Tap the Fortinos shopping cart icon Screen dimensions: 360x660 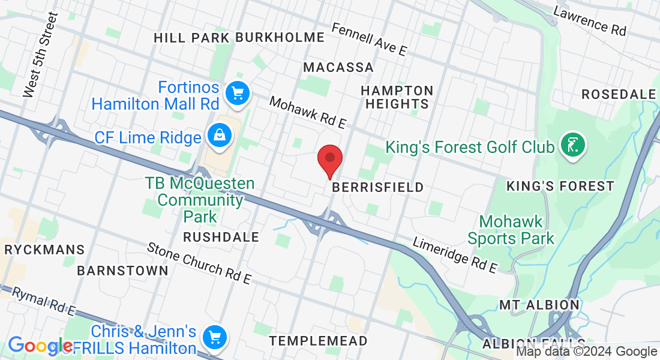pyautogui.click(x=238, y=94)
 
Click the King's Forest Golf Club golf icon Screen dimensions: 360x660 pyautogui.click(x=573, y=146)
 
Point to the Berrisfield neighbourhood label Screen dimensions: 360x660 pyautogui.click(x=378, y=187)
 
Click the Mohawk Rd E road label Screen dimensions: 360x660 pyautogui.click(x=308, y=112)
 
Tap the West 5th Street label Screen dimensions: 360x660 pyautogui.click(x=40, y=55)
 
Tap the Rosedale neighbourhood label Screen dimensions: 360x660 pyautogui.click(x=619, y=94)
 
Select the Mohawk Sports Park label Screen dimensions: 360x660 pyautogui.click(x=511, y=230)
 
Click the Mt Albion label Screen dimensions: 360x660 pyautogui.click(x=539, y=305)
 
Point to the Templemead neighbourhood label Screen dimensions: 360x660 pyautogui.click(x=318, y=341)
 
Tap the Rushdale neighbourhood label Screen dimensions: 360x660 pyautogui.click(x=221, y=237)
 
